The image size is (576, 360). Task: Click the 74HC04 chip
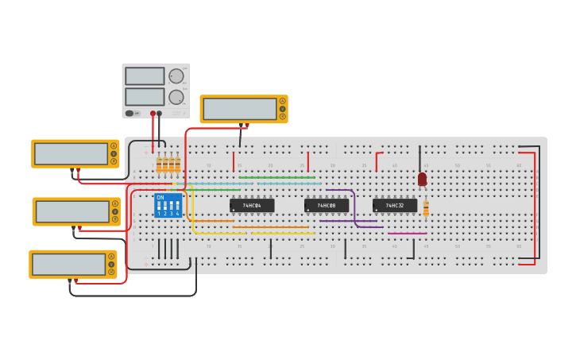click(252, 206)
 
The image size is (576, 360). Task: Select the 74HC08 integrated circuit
click(327, 206)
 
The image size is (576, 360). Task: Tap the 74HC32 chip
click(395, 206)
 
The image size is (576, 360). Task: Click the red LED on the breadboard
click(422, 180)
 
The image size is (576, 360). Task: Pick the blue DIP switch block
click(168, 206)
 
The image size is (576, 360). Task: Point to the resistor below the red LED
click(426, 208)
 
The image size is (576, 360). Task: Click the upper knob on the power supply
click(176, 76)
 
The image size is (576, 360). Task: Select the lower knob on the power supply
click(176, 97)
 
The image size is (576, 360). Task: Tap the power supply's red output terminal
click(153, 113)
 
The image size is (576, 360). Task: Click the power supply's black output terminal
click(159, 113)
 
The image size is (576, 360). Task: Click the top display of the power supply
click(145, 76)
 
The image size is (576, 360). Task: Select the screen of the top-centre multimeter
click(239, 109)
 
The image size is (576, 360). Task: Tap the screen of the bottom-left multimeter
click(68, 264)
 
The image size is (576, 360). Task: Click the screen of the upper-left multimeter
click(71, 153)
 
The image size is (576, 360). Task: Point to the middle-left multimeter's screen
click(72, 211)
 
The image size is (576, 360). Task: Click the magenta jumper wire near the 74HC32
click(407, 234)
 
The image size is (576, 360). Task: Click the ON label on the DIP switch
click(160, 197)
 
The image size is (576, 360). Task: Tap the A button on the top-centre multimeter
click(282, 101)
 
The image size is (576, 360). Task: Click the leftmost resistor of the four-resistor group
click(159, 165)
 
